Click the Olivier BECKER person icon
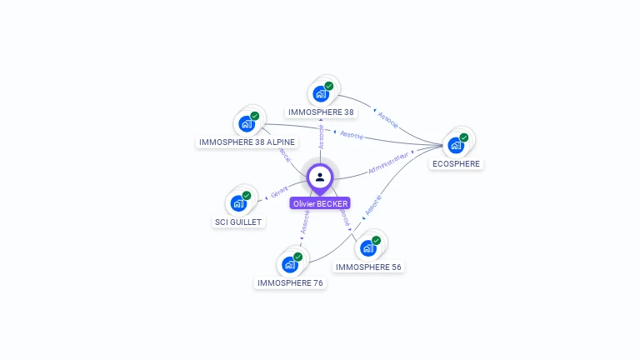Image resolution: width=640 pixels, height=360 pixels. click(320, 177)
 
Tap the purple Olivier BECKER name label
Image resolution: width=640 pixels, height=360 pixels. click(320, 203)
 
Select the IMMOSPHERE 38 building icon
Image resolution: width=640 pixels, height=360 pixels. click(320, 93)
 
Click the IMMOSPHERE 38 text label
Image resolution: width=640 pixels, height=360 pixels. click(320, 112)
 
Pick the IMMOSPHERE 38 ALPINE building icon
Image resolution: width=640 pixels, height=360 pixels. click(246, 123)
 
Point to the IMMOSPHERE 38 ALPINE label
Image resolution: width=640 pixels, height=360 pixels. click(247, 142)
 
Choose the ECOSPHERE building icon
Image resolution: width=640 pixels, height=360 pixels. click(455, 145)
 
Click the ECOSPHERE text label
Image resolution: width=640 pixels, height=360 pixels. click(456, 164)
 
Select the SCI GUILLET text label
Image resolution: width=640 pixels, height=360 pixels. click(238, 222)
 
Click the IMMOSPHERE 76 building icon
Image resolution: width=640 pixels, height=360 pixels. click(289, 264)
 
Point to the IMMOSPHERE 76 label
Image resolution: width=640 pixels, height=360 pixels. click(290, 283)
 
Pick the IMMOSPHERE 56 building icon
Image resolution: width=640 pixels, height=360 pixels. click(367, 247)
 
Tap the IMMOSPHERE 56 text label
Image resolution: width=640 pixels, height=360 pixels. click(368, 267)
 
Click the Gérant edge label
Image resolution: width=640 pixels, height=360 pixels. click(278, 192)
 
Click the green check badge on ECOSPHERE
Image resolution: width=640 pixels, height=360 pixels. click(464, 137)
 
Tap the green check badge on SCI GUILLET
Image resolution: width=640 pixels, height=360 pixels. click(247, 196)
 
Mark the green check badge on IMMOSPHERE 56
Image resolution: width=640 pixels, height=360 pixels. click(377, 240)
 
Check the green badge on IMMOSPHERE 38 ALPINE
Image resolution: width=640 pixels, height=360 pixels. click(255, 116)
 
